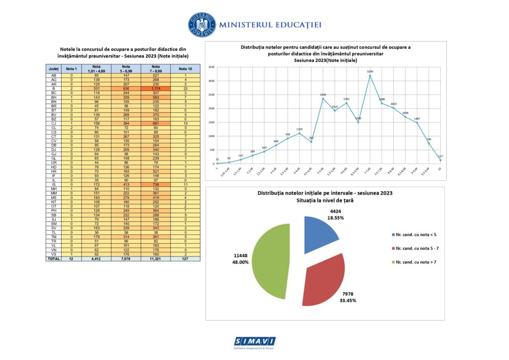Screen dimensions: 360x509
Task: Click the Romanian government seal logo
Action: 202,24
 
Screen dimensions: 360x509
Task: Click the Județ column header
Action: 53,69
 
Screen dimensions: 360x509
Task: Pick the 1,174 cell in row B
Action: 156,89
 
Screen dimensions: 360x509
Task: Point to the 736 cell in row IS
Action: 156,185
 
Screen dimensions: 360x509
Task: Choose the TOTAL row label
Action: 53,259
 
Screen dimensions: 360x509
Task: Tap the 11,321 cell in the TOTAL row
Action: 156,259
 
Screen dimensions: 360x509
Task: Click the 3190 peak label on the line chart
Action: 369,72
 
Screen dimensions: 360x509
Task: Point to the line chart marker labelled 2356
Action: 323,98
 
